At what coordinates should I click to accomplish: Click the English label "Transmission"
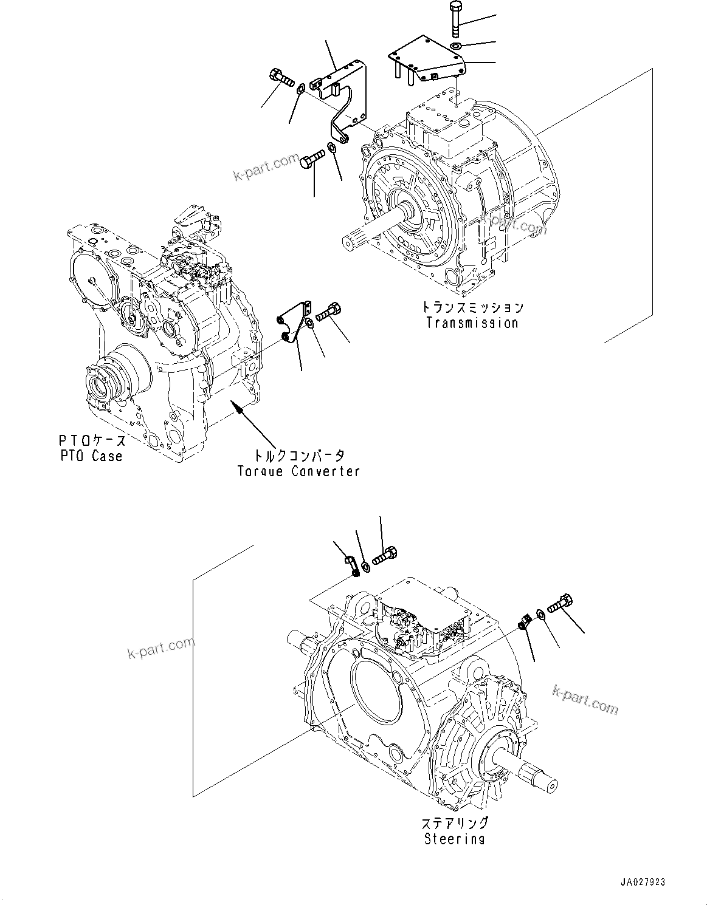(x=472, y=323)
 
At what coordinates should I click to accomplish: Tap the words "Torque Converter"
(x=298, y=471)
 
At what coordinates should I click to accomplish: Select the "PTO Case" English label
(x=91, y=456)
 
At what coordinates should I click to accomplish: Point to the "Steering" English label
(x=454, y=839)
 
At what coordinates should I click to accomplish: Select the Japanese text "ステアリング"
(x=455, y=823)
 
